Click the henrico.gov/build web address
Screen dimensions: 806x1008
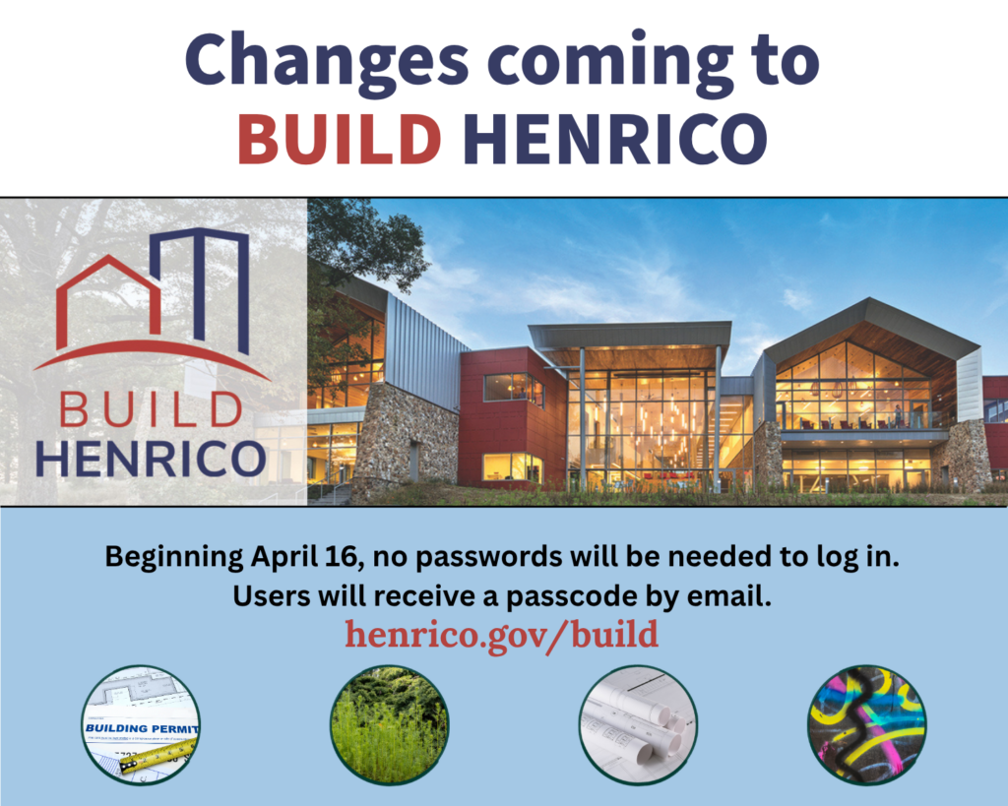501,634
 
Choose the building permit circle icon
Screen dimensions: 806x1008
141,724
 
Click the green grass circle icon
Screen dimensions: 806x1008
389,724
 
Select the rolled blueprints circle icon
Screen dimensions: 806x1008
637,724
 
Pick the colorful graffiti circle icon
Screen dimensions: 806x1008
865,724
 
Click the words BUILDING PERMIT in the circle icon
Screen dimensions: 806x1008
143,729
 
